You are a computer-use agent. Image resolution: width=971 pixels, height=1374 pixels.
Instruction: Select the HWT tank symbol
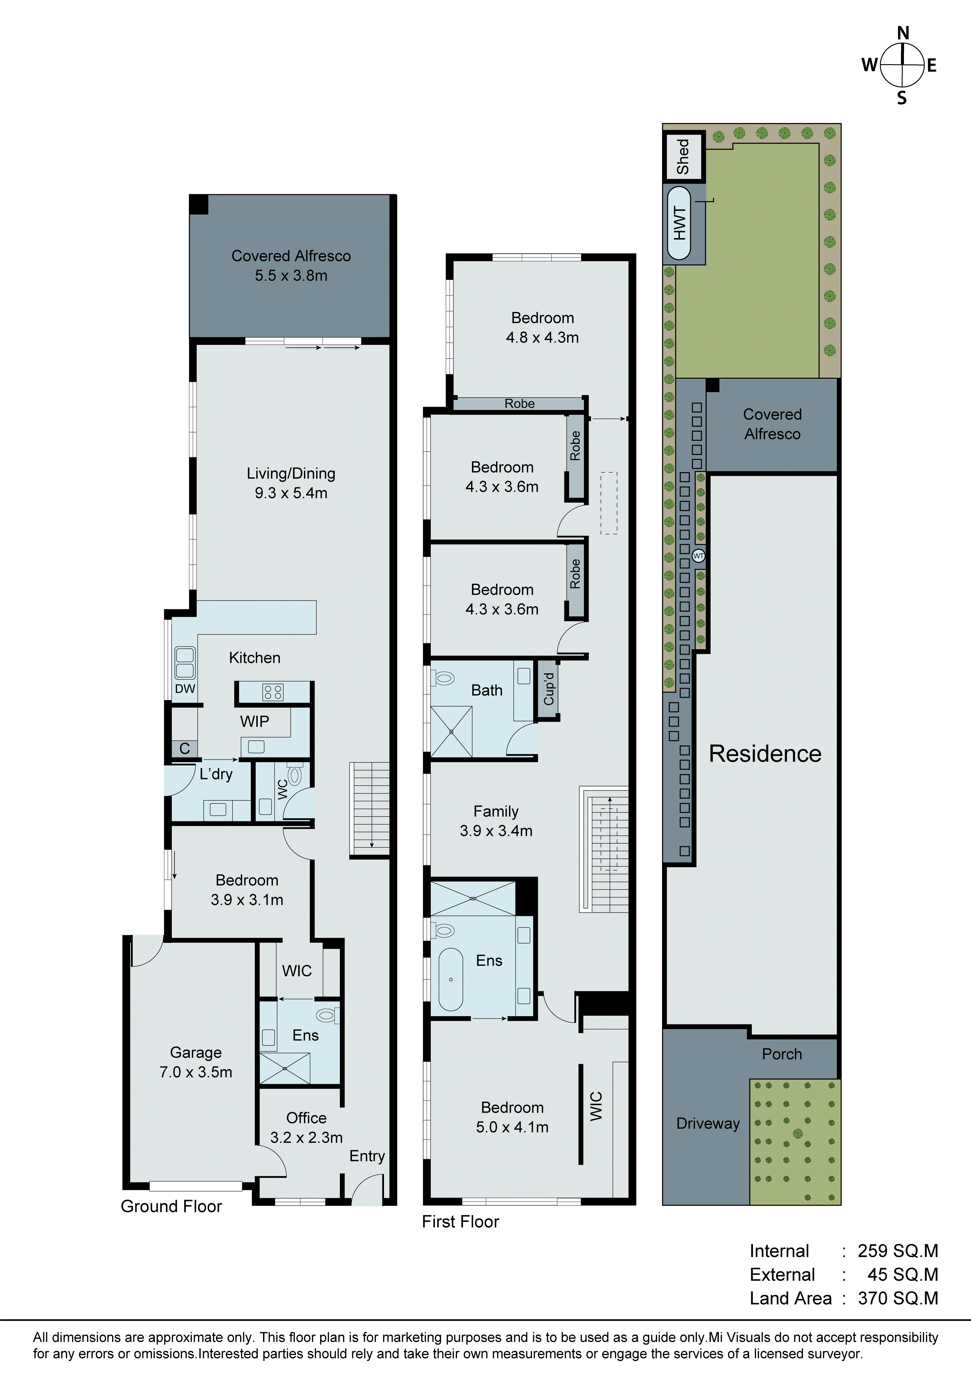[x=679, y=223]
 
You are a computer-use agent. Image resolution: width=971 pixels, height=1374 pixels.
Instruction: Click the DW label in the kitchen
[x=185, y=689]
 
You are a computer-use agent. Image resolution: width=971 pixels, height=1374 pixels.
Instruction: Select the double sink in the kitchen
[x=185, y=662]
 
